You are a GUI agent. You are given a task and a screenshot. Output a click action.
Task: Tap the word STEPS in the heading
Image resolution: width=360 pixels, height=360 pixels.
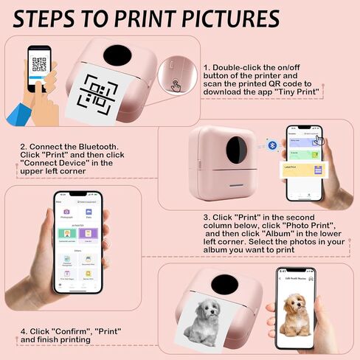(45, 18)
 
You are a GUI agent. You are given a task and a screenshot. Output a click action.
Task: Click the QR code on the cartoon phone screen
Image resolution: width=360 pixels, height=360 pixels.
(39, 63)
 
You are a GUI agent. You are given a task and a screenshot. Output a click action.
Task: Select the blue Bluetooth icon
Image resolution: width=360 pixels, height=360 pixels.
(272, 145)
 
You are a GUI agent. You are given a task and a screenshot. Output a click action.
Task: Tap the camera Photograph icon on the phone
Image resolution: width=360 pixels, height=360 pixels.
(66, 212)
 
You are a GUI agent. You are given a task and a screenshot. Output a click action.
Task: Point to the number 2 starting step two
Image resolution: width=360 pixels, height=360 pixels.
(24, 146)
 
